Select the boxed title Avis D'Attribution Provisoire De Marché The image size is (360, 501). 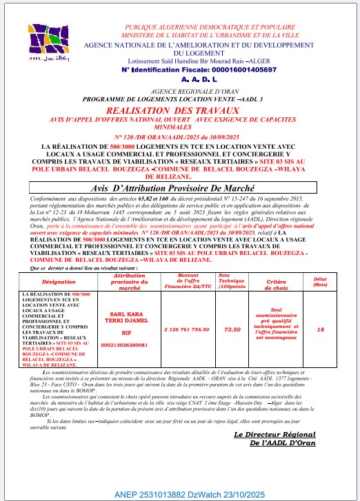point(181,187)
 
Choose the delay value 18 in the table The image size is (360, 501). point(319,329)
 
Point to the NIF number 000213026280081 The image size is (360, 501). point(125,344)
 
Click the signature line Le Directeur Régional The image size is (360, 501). point(274,434)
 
